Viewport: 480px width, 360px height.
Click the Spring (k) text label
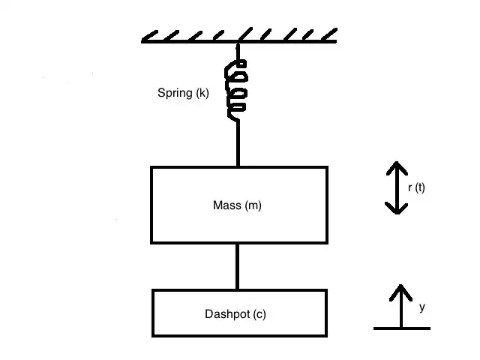click(x=183, y=94)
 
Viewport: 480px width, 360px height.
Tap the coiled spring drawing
click(x=237, y=89)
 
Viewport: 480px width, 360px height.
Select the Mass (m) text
click(x=237, y=205)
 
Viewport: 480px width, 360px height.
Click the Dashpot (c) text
click(x=235, y=314)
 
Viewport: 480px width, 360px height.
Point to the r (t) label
click(x=416, y=188)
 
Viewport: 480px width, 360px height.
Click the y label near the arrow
click(x=422, y=307)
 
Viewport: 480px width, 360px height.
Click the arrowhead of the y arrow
click(x=401, y=290)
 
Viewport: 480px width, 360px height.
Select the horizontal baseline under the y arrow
click(x=401, y=328)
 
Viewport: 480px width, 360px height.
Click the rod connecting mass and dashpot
click(x=238, y=266)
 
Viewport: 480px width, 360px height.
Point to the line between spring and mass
click(x=238, y=142)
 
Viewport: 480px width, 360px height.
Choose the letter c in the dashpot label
click(x=259, y=314)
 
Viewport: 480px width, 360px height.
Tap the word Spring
click(x=175, y=94)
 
